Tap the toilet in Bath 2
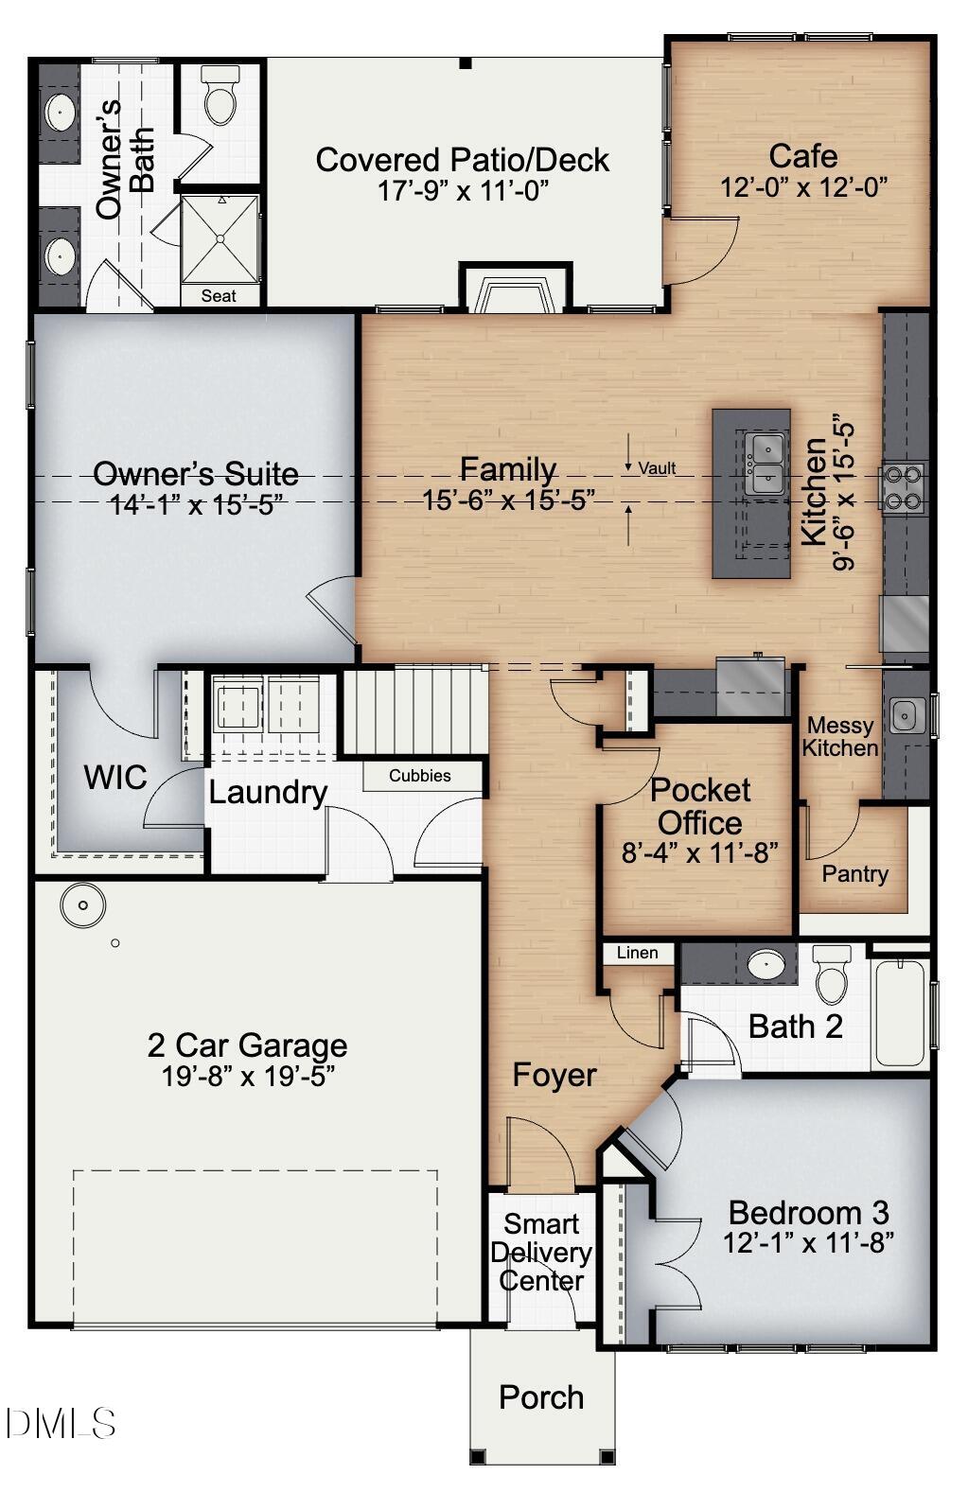832,974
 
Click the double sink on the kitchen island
764,464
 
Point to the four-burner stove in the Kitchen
905,487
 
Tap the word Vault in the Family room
657,468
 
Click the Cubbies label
420,776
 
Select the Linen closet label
637,953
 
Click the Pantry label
854,874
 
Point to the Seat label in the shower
219,296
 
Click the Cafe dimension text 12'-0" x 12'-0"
803,187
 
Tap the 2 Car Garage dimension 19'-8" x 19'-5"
248,1076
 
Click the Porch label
541,1397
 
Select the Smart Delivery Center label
540,1253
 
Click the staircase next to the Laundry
414,711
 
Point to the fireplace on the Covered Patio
516,290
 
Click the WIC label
115,778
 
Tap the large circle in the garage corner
83,905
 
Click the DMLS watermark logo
60,1423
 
